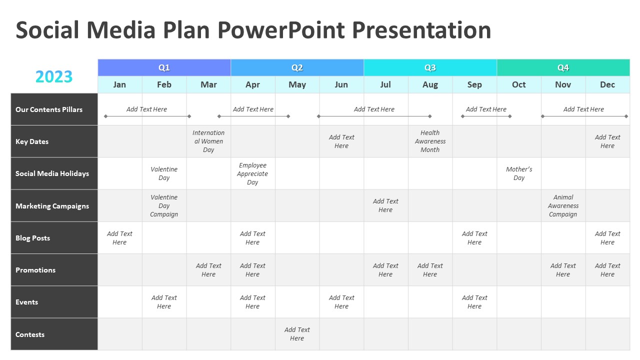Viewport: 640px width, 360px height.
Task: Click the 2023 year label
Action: point(54,76)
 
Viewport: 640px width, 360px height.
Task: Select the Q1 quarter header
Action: point(164,67)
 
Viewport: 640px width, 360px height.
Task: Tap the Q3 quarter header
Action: point(430,67)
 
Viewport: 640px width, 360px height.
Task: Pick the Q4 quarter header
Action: point(563,67)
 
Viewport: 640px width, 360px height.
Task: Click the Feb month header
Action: point(164,84)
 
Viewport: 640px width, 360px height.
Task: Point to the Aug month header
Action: point(430,84)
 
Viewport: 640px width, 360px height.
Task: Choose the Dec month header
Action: point(607,84)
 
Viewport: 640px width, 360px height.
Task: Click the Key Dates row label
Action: point(32,141)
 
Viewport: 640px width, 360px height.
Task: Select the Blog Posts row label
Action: point(33,238)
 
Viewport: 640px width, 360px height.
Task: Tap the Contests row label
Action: point(30,334)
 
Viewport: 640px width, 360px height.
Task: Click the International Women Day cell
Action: point(208,141)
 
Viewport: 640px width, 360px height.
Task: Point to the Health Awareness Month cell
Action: point(430,141)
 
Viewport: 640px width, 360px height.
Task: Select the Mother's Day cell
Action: point(519,173)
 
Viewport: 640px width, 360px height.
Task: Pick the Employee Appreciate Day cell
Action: point(252,173)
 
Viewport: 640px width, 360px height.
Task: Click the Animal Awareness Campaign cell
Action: point(563,205)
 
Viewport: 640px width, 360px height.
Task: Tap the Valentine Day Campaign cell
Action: point(164,205)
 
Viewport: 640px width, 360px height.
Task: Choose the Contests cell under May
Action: point(297,334)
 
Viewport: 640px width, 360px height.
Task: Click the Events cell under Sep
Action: point(474,302)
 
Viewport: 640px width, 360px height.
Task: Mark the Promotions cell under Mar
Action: point(208,270)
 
